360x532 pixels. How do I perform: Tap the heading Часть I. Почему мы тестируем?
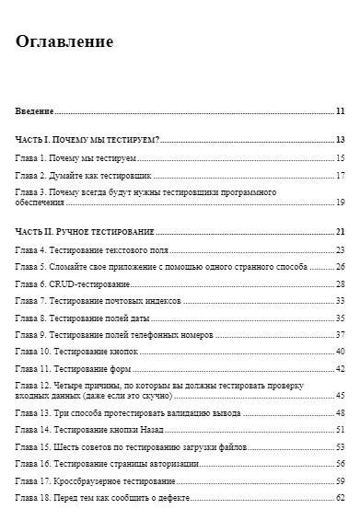click(x=88, y=140)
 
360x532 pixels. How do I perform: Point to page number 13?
click(x=340, y=140)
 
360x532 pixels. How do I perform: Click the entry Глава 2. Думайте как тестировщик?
click(x=83, y=175)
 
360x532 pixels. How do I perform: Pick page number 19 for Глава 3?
click(x=340, y=202)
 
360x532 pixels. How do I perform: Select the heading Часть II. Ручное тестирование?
click(x=85, y=232)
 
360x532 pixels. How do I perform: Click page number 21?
click(x=340, y=232)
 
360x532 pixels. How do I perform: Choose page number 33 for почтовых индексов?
click(x=340, y=300)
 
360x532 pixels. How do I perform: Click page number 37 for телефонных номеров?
click(x=340, y=334)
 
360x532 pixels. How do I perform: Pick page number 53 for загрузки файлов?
click(x=340, y=446)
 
